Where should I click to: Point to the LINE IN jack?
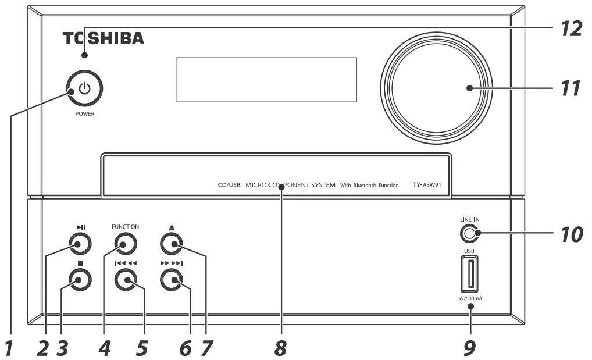(x=469, y=234)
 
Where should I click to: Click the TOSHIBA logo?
(x=104, y=40)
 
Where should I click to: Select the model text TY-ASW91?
(x=431, y=185)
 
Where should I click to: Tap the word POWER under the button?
(x=84, y=114)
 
